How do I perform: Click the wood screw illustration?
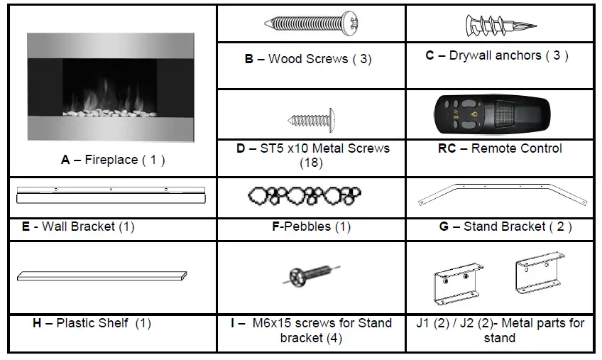point(311,24)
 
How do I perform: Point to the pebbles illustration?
point(305,195)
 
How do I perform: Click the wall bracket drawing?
point(110,194)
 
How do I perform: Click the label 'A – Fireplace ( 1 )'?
point(113,160)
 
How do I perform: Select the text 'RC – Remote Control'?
point(500,148)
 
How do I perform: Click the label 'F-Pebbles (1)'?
point(310,227)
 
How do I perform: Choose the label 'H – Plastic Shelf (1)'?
point(92,323)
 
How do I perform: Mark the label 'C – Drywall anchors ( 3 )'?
point(497,55)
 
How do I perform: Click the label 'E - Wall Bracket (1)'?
point(78,227)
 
